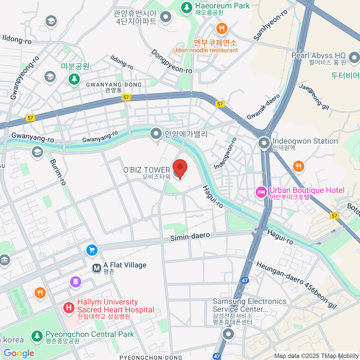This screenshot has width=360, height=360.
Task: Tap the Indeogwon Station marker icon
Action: pyautogui.click(x=264, y=143)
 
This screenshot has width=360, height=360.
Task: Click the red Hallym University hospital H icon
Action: pyautogui.click(x=69, y=307)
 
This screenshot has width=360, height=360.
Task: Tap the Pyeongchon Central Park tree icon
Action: pyautogui.click(x=37, y=336)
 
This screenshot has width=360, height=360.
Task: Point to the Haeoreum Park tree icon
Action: pyautogui.click(x=187, y=7)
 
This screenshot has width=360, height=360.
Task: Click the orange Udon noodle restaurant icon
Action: pyautogui.click(x=222, y=29)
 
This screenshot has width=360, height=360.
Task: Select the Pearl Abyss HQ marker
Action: pyautogui.click(x=354, y=57)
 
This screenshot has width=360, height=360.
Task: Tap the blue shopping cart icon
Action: pyautogui.click(x=92, y=250)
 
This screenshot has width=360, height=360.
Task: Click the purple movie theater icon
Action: pyautogui.click(x=76, y=282)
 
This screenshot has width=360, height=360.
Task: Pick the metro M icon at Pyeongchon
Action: pyautogui.click(x=97, y=268)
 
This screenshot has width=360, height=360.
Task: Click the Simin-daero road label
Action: pyautogui.click(x=190, y=237)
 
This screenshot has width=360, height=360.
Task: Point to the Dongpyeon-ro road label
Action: pyautogui.click(x=172, y=61)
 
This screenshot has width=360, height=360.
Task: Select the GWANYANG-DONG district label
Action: pyautogui.click(x=114, y=85)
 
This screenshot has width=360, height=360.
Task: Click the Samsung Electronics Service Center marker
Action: pyautogui.click(x=228, y=334)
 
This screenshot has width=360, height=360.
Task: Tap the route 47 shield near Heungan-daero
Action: pyautogui.click(x=245, y=280)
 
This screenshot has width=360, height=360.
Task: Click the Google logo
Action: pyautogui.click(x=19, y=353)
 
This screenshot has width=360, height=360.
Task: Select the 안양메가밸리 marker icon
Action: pyautogui.click(x=156, y=133)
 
